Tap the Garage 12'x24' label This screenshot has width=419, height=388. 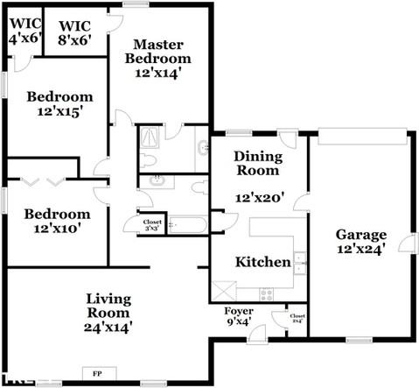[x=361, y=242]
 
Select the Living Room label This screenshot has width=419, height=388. [x=108, y=313]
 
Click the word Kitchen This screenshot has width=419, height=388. [x=263, y=262]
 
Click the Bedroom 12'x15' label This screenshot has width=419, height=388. [x=59, y=104]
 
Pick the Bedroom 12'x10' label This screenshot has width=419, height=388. [x=57, y=221]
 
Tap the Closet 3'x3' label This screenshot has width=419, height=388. [x=151, y=224]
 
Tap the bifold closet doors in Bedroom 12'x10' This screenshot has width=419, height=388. [x=45, y=182]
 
